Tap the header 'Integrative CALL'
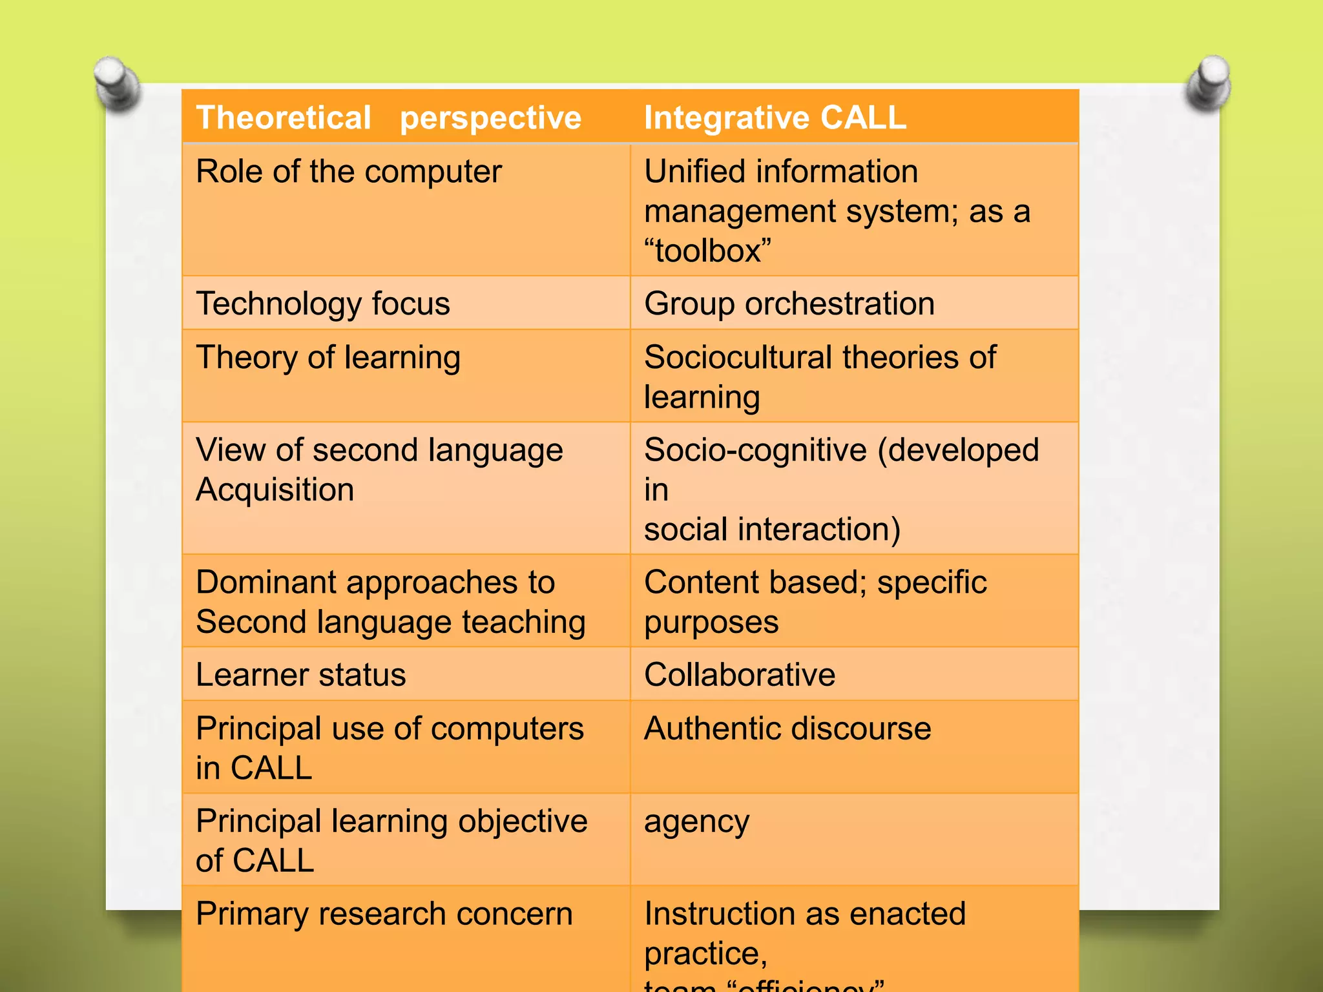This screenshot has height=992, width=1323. (x=775, y=118)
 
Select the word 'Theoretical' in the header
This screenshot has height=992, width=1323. (x=284, y=118)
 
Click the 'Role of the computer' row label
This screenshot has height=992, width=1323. (x=349, y=172)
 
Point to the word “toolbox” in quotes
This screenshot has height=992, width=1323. (x=708, y=251)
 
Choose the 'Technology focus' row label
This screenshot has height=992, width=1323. (x=323, y=304)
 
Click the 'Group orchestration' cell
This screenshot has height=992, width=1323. (x=789, y=304)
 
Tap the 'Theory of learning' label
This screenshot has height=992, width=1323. (x=328, y=357)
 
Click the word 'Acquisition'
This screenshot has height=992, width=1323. (x=275, y=490)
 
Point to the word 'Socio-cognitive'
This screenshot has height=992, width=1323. (x=755, y=450)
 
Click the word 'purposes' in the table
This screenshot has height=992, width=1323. (x=711, y=623)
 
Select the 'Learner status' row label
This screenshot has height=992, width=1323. (x=301, y=675)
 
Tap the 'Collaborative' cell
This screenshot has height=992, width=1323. (x=740, y=675)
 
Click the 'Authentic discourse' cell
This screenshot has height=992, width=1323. (x=787, y=728)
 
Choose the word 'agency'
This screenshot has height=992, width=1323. (x=696, y=822)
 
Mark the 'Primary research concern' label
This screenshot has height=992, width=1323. (x=384, y=914)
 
